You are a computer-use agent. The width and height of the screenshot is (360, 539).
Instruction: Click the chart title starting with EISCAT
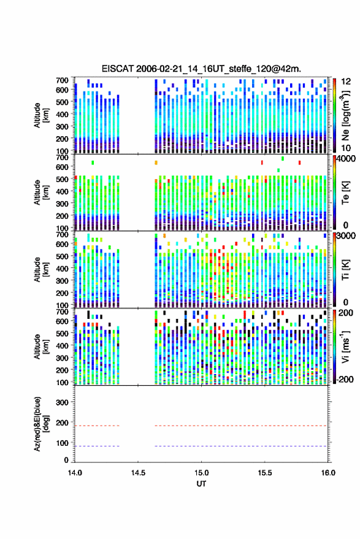(x=202, y=69)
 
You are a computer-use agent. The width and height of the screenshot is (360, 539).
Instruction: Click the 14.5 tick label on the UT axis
(x=138, y=473)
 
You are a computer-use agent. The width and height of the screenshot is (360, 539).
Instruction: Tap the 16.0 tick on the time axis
(x=328, y=473)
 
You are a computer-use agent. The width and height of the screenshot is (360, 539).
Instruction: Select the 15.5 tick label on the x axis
(x=265, y=473)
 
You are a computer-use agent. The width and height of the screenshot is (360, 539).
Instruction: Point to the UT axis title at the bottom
(x=202, y=484)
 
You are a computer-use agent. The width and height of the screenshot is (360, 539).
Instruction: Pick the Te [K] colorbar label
(x=345, y=193)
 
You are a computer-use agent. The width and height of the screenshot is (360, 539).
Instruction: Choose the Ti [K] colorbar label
(x=345, y=270)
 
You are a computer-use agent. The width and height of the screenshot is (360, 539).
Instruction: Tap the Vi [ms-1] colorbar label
(x=345, y=346)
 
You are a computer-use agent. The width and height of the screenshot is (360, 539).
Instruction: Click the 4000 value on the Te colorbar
(x=347, y=159)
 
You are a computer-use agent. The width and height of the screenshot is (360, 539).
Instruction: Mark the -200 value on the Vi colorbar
(x=345, y=380)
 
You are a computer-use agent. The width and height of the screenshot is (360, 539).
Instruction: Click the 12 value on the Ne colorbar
(x=347, y=82)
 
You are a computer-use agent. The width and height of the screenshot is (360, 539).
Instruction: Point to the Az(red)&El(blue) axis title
(x=41, y=424)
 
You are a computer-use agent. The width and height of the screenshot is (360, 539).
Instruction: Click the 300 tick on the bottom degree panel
(x=62, y=402)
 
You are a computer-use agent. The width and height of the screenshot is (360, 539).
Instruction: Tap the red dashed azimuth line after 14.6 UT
(x=240, y=426)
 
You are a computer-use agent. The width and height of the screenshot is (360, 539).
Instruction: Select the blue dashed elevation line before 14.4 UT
(x=98, y=446)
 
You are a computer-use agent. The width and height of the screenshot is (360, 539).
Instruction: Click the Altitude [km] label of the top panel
(x=41, y=115)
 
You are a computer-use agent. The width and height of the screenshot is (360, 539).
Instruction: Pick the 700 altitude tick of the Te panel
(x=62, y=158)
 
